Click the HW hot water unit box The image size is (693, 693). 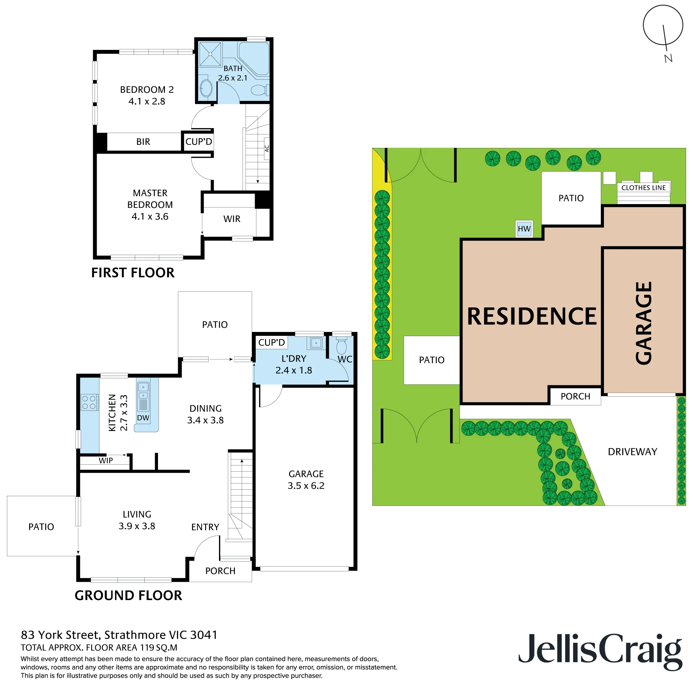tap(524, 228)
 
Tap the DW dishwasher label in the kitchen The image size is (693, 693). tap(143, 418)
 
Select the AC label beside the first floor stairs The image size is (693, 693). tap(266, 148)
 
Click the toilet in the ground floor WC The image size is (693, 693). tap(342, 345)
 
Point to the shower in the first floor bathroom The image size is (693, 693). tap(210, 54)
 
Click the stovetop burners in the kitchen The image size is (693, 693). tap(89, 402)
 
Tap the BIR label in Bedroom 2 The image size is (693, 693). tap(143, 142)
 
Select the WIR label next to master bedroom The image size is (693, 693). tap(232, 219)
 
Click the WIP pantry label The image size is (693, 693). tap(106, 460)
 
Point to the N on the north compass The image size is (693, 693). tap(668, 58)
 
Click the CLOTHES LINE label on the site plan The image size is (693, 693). tap(643, 187)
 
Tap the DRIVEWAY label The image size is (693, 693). tap(632, 451)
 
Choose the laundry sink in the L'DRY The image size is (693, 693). tap(316, 343)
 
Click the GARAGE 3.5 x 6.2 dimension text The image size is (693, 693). tap(306, 486)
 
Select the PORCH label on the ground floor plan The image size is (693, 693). tap(220, 571)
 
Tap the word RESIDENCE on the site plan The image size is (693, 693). tap(532, 316)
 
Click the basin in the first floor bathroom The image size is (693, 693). tap(206, 88)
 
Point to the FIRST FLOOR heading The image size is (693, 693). tap(133, 273)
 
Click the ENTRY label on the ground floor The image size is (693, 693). tap(205, 527)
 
